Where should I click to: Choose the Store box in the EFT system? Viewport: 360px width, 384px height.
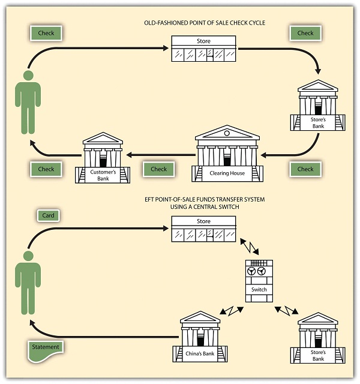click(203, 229)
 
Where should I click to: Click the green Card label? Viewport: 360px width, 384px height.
click(48, 215)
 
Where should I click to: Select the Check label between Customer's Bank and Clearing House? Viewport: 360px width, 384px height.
click(158, 169)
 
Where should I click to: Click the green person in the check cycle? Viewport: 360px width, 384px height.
click(28, 102)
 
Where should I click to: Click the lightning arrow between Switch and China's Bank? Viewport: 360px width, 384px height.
click(231, 311)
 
